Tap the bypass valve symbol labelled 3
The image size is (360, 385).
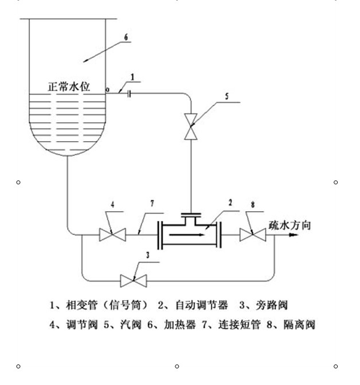133,281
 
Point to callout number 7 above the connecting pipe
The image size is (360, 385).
152,203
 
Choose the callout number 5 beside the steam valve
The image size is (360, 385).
226,98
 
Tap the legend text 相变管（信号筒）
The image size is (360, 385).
107,304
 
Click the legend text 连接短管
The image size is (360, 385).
238,325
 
